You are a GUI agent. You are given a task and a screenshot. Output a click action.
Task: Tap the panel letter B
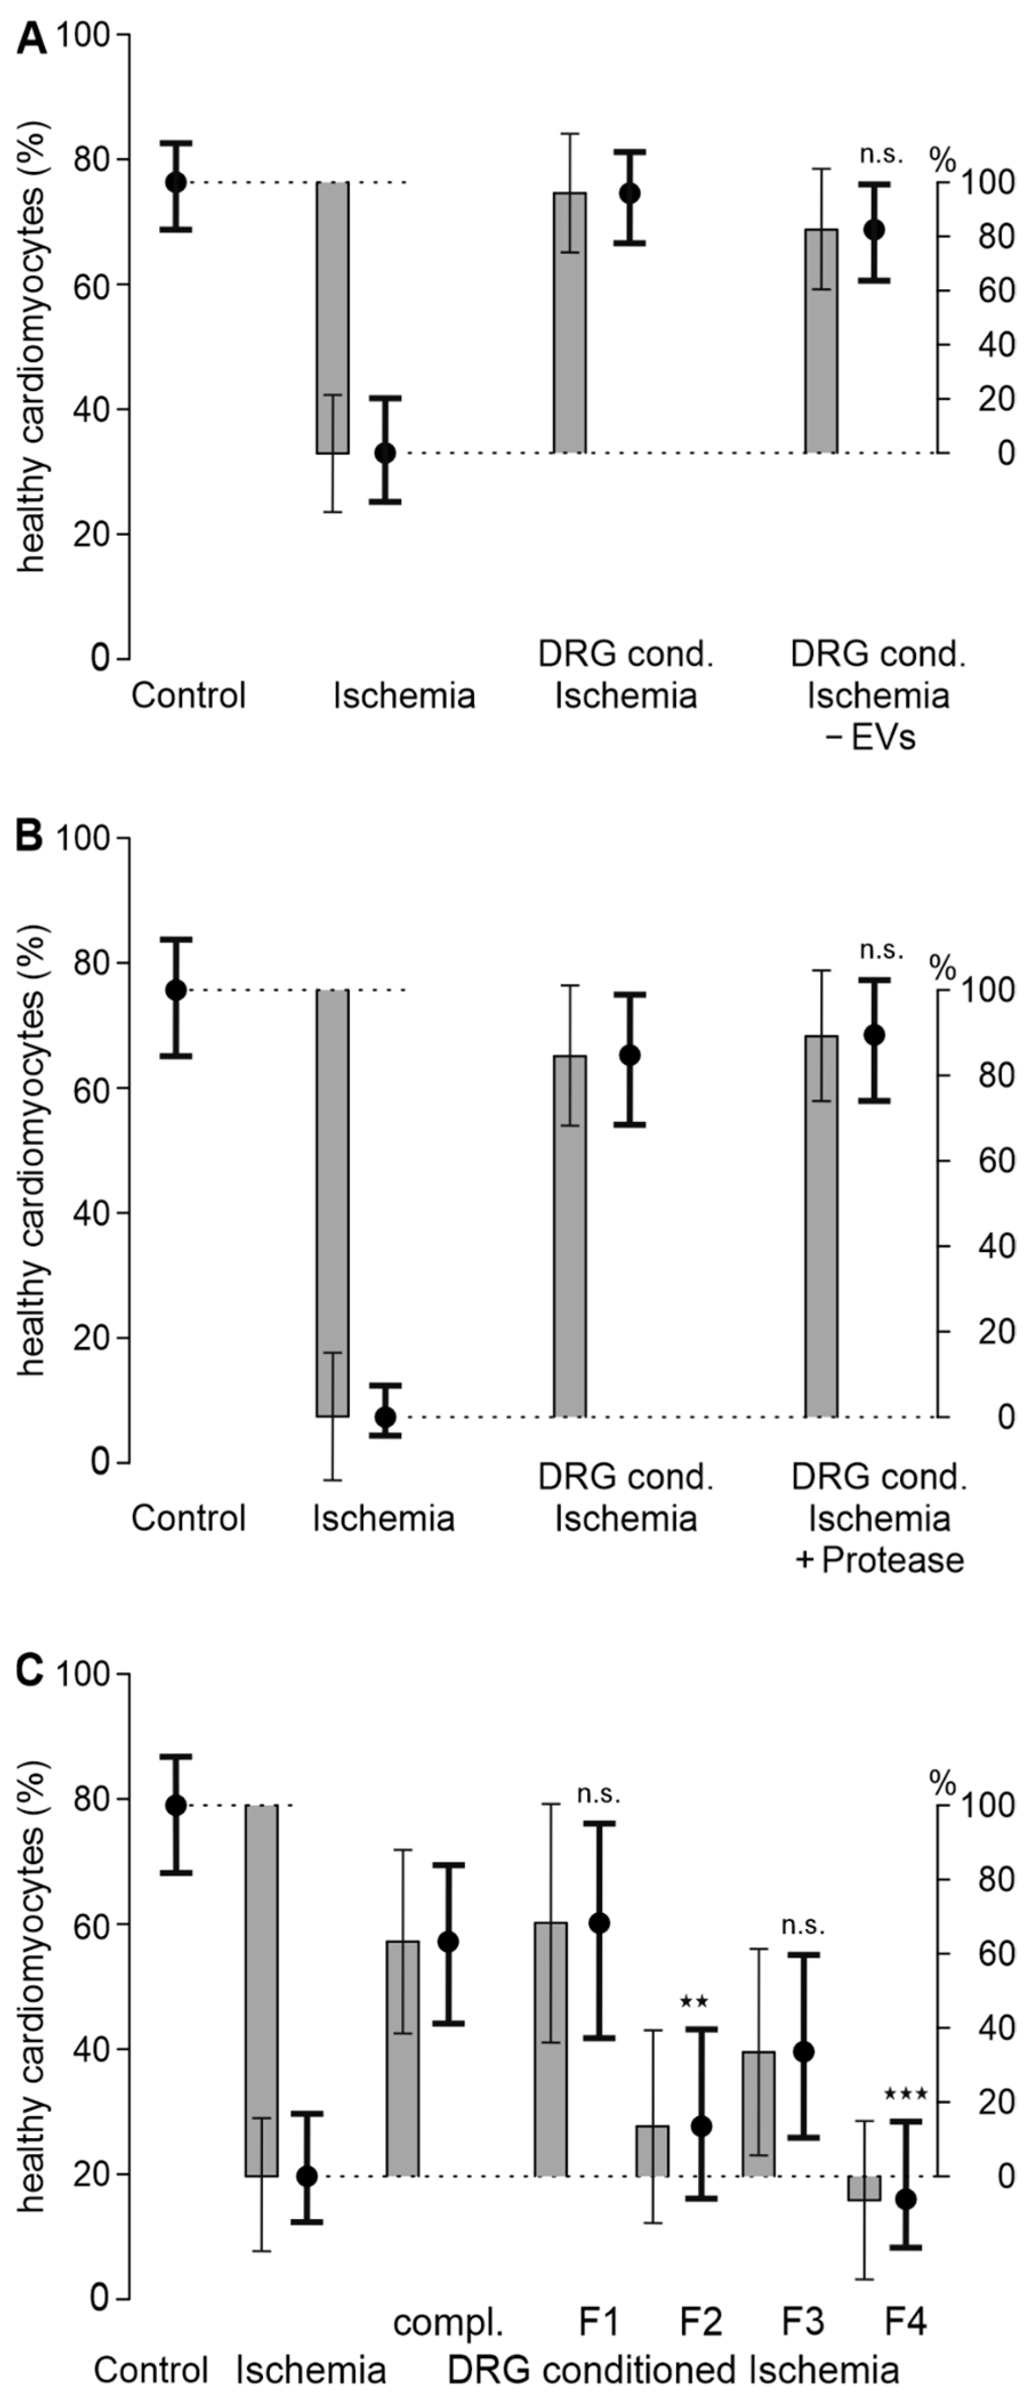point(30,836)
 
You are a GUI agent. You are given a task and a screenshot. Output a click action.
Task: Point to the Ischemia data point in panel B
point(385,1417)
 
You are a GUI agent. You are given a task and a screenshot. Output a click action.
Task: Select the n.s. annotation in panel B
point(881,950)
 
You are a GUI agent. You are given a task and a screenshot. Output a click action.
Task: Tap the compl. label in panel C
point(449,2323)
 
